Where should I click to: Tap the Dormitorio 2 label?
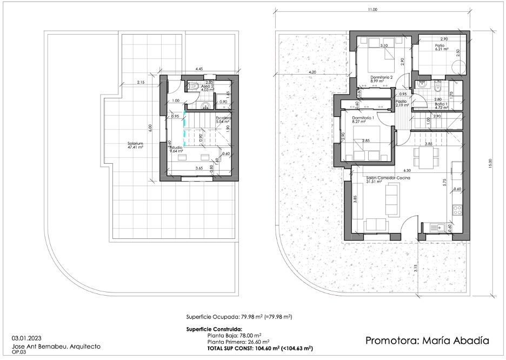[381, 77]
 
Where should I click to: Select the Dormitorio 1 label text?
[363, 117]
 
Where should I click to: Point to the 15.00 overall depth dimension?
[490, 161]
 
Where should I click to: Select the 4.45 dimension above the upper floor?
[199, 69]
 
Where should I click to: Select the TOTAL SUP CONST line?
[250, 349]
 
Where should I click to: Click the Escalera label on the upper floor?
[224, 117]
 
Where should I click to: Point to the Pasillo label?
[401, 101]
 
